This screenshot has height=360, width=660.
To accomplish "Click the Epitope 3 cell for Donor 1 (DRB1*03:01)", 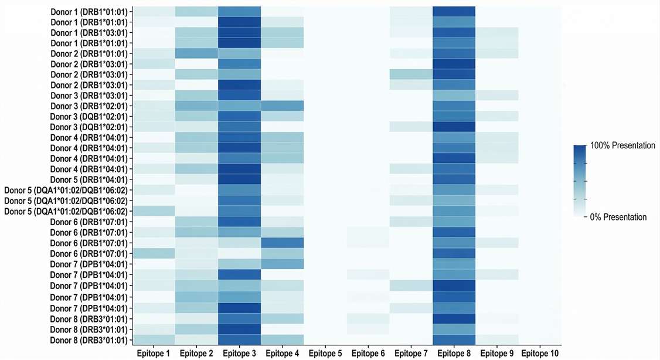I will pos(239,33).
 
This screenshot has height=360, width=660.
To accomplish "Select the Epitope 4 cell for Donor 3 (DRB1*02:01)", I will pos(282,106).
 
